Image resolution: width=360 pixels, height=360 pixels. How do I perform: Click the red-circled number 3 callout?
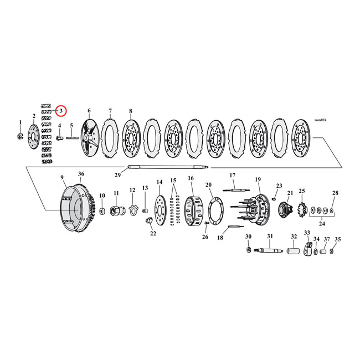click(61, 111)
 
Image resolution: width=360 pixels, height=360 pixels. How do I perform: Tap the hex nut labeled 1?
click(21, 135)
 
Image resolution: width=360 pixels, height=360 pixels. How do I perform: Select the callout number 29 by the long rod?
click(117, 175)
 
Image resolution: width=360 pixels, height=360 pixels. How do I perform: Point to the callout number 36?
click(81, 174)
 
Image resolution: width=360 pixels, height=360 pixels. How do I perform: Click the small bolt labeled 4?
click(59, 138)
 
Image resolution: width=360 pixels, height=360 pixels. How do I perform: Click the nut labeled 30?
click(248, 252)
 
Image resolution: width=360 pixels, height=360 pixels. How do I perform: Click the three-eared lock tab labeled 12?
click(132, 210)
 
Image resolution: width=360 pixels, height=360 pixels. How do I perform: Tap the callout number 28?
click(335, 193)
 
